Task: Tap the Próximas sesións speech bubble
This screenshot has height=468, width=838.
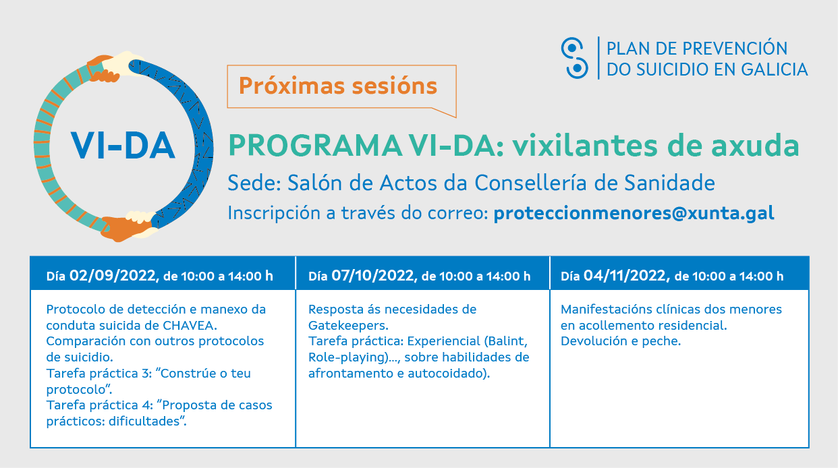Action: [x=338, y=86]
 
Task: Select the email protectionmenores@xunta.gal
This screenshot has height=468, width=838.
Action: [x=634, y=213]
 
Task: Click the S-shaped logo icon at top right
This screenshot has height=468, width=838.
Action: [x=574, y=58]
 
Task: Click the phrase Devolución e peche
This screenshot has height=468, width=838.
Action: [x=621, y=341]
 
